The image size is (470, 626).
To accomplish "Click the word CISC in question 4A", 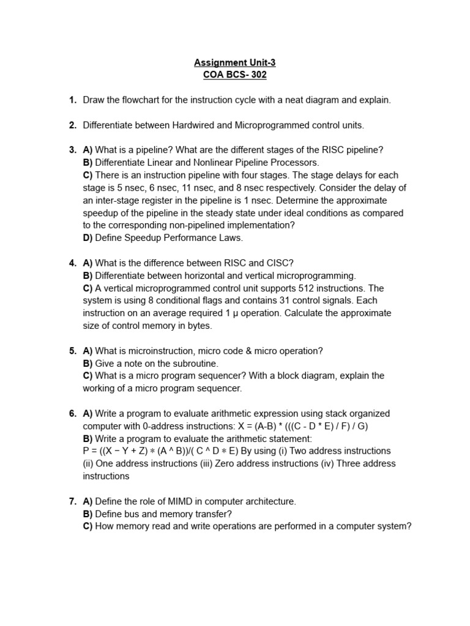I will coord(281,263).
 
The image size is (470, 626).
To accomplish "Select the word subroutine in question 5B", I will coord(171,363).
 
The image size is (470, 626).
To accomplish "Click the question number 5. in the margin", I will coord(72,351).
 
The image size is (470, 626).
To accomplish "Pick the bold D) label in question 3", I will coord(88,238).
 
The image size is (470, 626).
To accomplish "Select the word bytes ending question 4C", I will coord(200,326).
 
